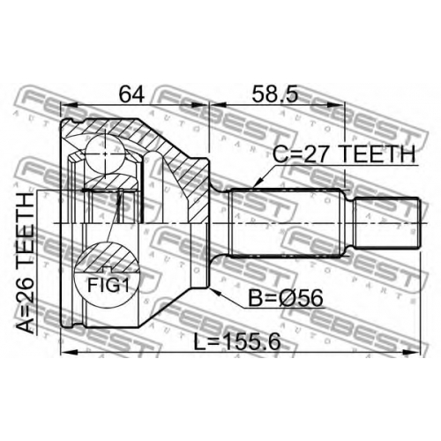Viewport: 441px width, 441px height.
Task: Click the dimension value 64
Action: pos(131,93)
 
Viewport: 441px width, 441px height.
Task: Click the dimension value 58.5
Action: pos(275,93)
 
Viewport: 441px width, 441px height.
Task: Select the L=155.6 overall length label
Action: pos(237,342)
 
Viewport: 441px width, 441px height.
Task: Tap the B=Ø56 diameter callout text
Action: pos(286,298)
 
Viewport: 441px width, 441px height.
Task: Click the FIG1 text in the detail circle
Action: pos(108,285)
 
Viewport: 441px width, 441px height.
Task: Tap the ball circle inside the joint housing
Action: pos(105,154)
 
